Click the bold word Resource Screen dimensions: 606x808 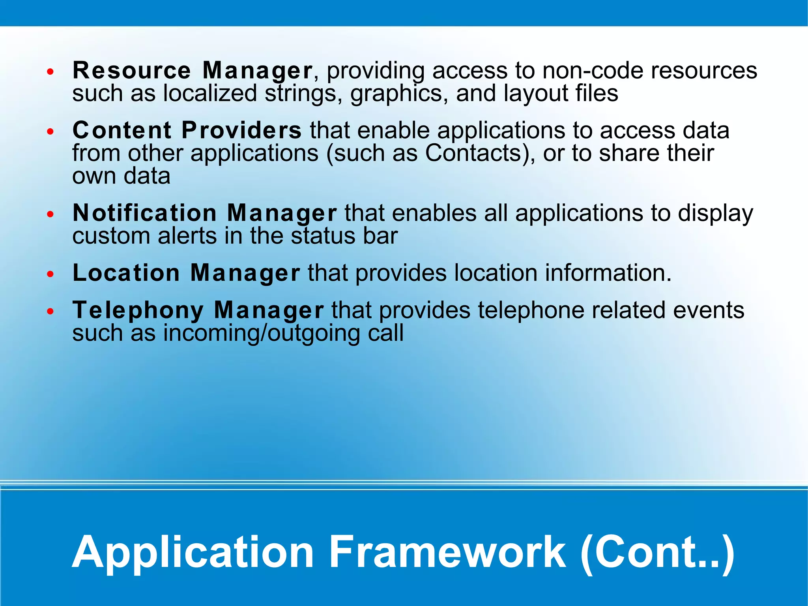point(132,71)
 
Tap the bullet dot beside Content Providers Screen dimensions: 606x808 point(50,131)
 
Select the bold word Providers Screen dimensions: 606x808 point(241,130)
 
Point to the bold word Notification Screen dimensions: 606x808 point(145,213)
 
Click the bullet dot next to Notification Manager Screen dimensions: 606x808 point(50,214)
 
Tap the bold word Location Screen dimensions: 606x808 point(126,273)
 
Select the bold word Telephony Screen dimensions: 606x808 point(138,310)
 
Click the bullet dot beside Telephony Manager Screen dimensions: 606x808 point(50,311)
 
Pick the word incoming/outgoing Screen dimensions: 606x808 point(261,334)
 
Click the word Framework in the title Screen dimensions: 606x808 point(447,552)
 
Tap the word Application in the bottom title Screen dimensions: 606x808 point(193,552)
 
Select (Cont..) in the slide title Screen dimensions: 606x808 point(658,552)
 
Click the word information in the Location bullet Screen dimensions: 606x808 point(608,273)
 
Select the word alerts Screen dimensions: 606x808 point(187,236)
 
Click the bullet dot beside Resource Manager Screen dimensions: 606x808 point(50,72)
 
